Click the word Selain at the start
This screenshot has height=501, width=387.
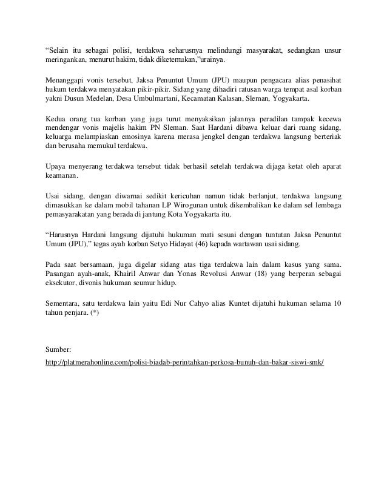click(61, 51)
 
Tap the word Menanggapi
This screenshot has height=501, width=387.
click(66, 79)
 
